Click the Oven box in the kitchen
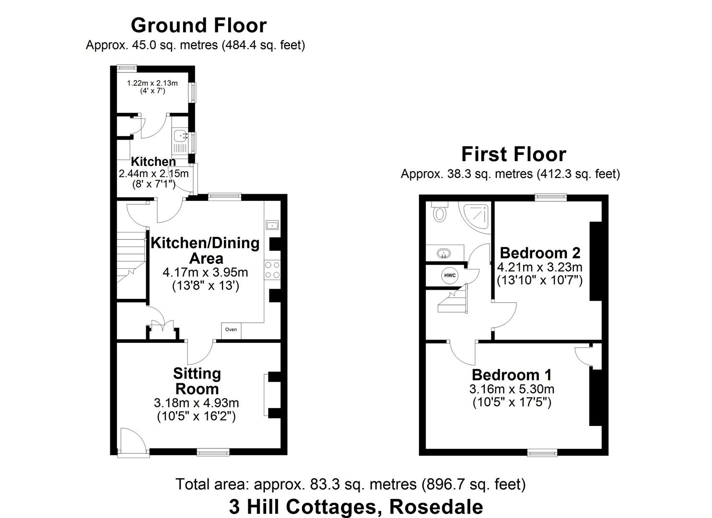pos(231,330)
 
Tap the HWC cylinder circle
pos(450,275)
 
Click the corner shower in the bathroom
pos(478,216)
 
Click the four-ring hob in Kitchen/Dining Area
pos(272,270)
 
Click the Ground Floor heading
pos(198,25)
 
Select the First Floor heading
pos(514,154)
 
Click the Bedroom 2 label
pos(540,252)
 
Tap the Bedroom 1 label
pos(512,374)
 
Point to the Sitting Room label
pos(197,381)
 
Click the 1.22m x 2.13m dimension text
pos(152,83)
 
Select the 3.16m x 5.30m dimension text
pos(512,389)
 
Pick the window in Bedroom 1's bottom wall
pos(542,452)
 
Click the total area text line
pos(350,484)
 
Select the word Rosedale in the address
pos(436,506)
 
